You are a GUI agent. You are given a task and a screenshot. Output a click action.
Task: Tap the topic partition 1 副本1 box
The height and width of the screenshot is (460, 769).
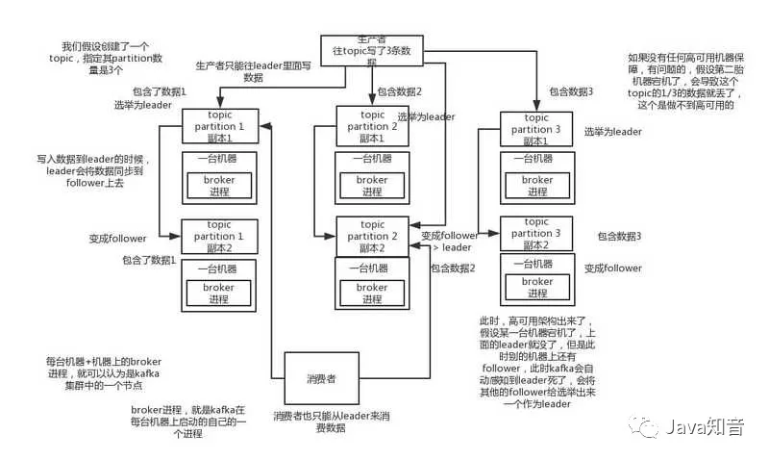[222, 127]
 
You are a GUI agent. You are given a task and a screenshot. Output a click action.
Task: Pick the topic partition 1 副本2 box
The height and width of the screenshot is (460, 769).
[222, 236]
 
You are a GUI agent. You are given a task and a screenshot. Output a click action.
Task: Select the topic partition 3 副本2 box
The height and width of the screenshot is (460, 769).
[537, 234]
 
